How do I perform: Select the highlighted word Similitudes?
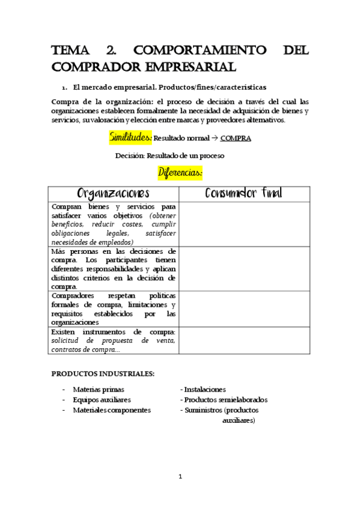[130, 138]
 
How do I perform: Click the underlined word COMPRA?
[236, 138]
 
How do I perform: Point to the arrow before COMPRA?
[215, 138]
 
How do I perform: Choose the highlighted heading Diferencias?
[180, 173]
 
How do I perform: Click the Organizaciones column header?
[114, 194]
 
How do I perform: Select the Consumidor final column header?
[244, 194]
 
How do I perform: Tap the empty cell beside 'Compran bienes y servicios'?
[244, 224]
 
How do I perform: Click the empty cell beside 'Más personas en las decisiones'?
[244, 268]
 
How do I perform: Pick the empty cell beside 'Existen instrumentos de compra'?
[244, 340]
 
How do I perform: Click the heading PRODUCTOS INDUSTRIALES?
[103, 373]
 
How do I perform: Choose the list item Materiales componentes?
[112, 410]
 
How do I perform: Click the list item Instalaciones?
[204, 390]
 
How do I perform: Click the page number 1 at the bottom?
[180, 477]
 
